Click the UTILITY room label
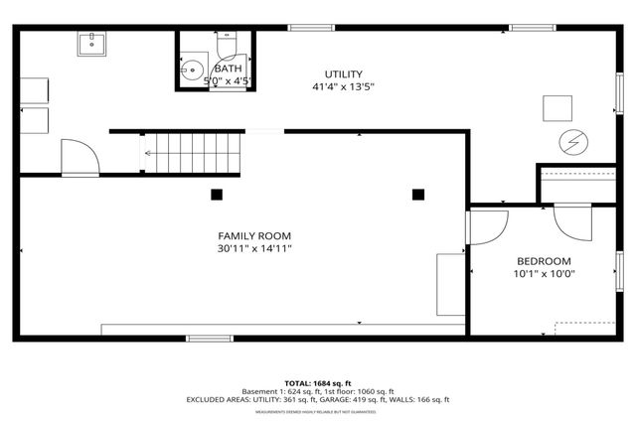(343, 74)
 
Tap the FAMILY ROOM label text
(254, 235)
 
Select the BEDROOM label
(544, 260)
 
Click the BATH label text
(214, 69)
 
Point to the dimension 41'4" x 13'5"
(343, 87)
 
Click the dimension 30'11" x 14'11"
(254, 248)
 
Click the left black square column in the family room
(217, 194)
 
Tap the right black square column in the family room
(418, 194)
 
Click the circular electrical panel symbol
(573, 142)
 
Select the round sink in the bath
(192, 71)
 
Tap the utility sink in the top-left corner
(92, 43)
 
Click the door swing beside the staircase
(79, 156)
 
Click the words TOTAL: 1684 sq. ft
(317, 382)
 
